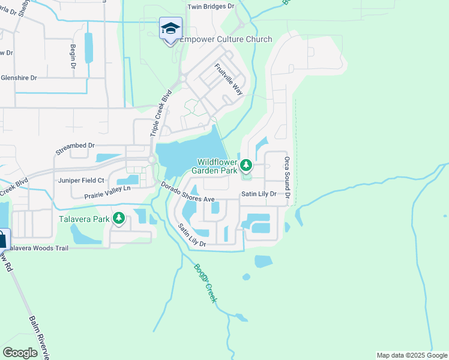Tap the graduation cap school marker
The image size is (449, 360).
point(170,29)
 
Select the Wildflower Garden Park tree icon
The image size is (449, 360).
point(246,165)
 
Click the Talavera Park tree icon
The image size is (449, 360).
point(119,219)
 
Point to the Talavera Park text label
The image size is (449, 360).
point(84,219)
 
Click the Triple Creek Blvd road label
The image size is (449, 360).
point(165,112)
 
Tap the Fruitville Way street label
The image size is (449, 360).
point(229,79)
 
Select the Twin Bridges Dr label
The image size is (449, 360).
point(211,7)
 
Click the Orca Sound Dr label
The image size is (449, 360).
point(288,178)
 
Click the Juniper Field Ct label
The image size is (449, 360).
point(81,180)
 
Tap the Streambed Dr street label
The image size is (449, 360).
point(75,146)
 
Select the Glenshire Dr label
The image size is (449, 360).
point(19,78)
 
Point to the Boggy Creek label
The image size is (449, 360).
point(205,283)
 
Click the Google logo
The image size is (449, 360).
point(20,353)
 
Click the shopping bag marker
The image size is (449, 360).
point(2,240)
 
